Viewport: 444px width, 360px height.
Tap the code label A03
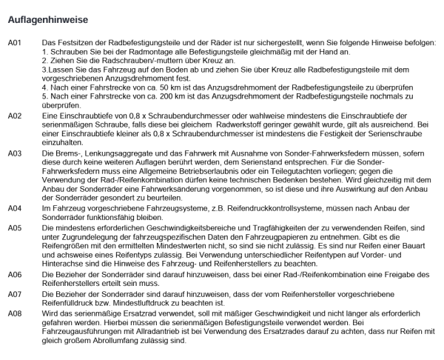tap(16, 152)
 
